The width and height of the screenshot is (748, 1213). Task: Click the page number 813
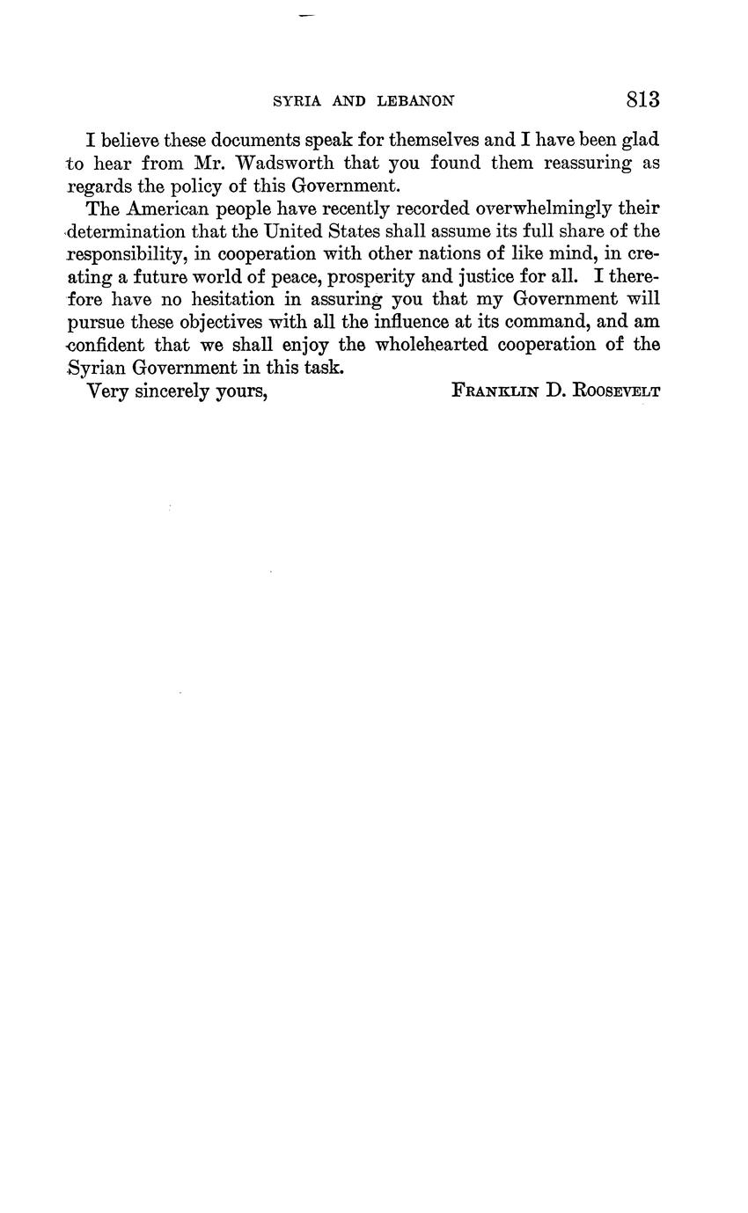pyautogui.click(x=642, y=99)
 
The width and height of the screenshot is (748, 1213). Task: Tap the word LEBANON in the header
pyautogui.click(x=415, y=101)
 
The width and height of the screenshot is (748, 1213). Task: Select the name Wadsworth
pyautogui.click(x=286, y=163)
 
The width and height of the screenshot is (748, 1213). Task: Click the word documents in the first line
pyautogui.click(x=257, y=140)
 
